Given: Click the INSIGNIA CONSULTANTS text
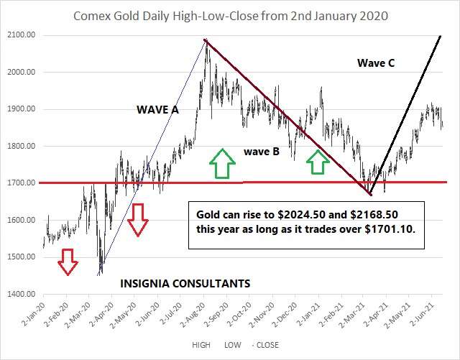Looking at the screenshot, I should coord(184,284).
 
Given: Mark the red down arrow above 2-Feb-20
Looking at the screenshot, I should coord(68,262).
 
